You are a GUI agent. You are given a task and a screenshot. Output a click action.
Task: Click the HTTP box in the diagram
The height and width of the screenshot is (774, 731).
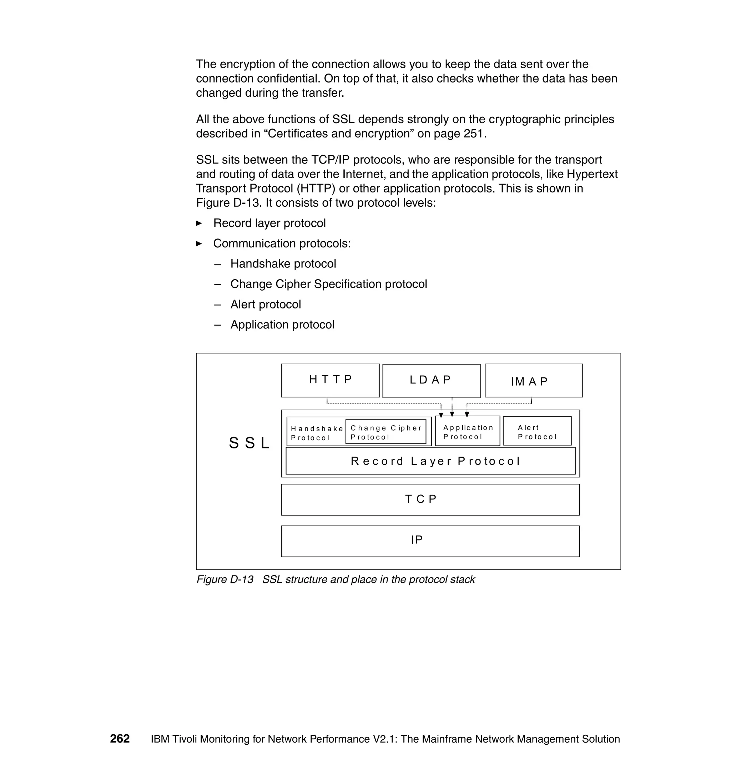click(x=330, y=380)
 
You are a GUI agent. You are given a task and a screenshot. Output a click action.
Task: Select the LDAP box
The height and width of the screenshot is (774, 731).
click(x=431, y=381)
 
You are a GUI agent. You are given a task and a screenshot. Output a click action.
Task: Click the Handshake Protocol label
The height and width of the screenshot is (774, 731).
click(x=316, y=433)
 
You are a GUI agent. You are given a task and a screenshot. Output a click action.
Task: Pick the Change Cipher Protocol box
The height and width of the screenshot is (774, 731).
click(x=385, y=432)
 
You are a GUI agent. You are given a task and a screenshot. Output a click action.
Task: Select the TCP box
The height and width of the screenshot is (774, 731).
click(x=430, y=499)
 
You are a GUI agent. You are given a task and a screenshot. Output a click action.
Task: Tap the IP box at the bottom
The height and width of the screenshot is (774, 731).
click(x=430, y=541)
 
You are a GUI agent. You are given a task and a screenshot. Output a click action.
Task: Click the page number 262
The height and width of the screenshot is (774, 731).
click(x=120, y=739)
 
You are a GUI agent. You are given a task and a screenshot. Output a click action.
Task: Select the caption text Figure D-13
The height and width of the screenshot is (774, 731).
click(x=225, y=579)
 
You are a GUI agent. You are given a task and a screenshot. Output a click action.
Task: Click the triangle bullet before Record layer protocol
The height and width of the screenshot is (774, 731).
click(x=199, y=223)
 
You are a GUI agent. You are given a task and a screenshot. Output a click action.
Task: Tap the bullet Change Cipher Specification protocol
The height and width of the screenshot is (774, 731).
click(x=328, y=284)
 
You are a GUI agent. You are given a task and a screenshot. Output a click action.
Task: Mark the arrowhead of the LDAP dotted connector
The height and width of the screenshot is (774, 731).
click(x=452, y=414)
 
